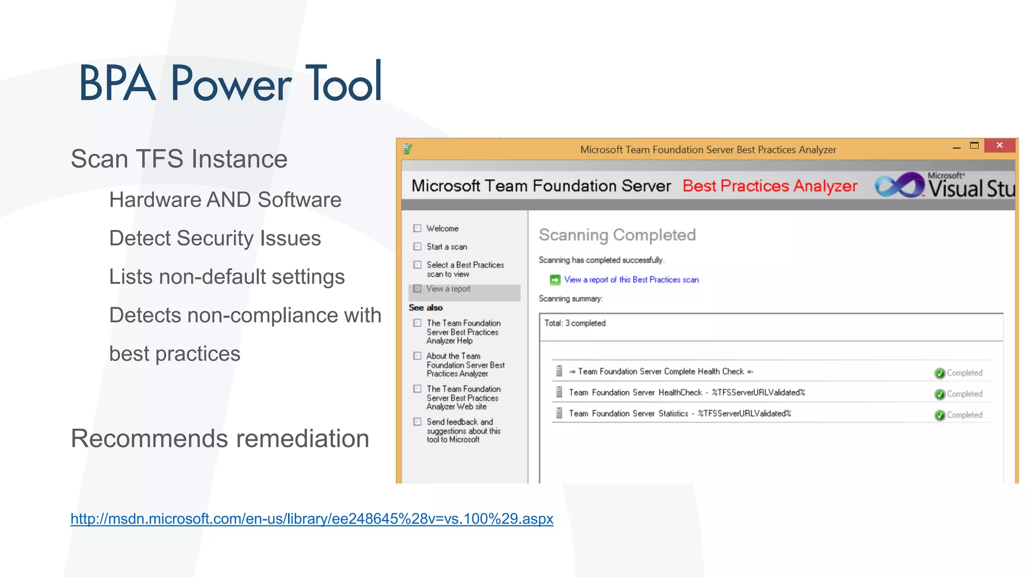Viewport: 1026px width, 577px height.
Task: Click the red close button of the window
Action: (999, 145)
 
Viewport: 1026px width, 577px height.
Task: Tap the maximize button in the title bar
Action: (974, 146)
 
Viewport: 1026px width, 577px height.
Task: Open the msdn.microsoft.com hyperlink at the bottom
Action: (312, 518)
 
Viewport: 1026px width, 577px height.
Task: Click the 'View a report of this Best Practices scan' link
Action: (631, 279)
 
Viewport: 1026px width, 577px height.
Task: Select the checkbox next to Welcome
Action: (417, 228)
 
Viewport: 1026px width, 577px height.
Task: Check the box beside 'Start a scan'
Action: (417, 246)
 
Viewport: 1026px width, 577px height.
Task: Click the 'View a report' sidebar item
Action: (448, 289)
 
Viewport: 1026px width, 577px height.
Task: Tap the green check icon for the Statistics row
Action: (940, 415)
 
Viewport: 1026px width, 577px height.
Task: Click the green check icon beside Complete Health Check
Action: (940, 373)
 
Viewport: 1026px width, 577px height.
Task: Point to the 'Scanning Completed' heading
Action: (617, 235)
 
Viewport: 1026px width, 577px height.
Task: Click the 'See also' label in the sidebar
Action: (425, 308)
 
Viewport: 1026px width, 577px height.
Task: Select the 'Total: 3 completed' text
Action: (575, 323)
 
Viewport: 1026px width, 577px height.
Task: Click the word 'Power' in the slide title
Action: (230, 83)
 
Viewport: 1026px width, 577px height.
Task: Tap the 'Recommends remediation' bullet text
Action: (220, 438)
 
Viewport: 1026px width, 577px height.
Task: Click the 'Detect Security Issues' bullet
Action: (215, 238)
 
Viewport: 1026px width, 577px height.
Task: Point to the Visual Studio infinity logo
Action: (900, 185)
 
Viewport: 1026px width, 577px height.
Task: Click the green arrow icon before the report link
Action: (555, 280)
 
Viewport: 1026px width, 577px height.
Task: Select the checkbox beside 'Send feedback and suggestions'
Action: (417, 422)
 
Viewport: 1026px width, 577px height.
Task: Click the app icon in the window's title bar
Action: (408, 149)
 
